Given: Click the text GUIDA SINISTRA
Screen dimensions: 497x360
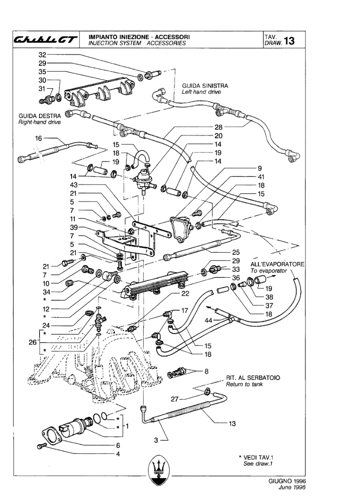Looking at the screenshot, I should pos(205,85).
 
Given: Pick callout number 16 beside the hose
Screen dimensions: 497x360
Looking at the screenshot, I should pos(38,138).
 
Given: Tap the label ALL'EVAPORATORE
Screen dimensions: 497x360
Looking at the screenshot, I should pos(278,263).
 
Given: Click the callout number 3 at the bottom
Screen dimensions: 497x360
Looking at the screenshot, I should pos(156,440).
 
